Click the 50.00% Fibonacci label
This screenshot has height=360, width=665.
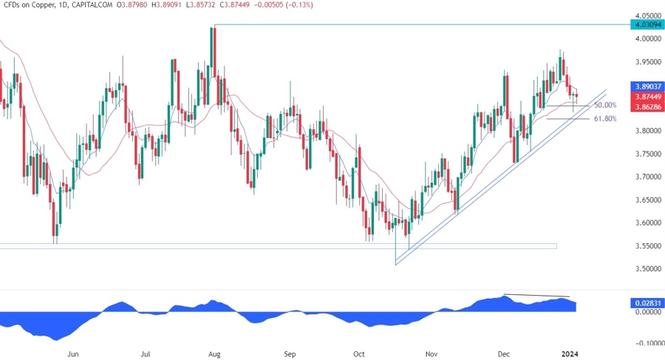click(x=604, y=106)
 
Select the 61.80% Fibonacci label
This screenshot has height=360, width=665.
click(x=604, y=118)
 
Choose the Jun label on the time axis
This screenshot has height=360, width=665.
click(x=72, y=353)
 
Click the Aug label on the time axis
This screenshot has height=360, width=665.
click(x=214, y=353)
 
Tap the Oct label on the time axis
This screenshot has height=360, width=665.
click(x=360, y=353)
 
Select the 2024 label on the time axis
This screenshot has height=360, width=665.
click(x=570, y=353)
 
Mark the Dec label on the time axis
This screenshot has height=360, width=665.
click(x=504, y=353)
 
